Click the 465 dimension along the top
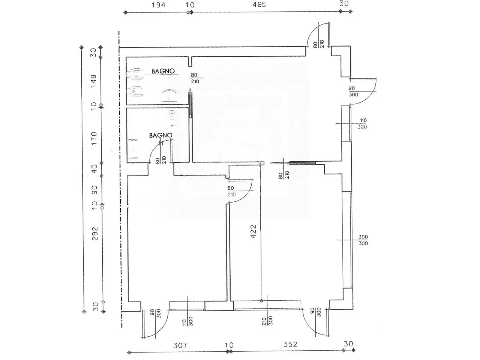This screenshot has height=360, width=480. pyautogui.click(x=259, y=4)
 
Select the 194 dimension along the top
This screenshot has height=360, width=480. pyautogui.click(x=159, y=5)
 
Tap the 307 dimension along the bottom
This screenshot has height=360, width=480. pyautogui.click(x=180, y=345)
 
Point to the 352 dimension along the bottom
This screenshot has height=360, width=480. pyautogui.click(x=290, y=345)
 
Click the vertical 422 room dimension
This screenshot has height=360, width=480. pyautogui.click(x=253, y=231)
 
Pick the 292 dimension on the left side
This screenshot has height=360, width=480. pyautogui.click(x=95, y=234)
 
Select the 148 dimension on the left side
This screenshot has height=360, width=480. pyautogui.click(x=93, y=81)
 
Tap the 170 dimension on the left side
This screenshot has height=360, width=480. pyautogui.click(x=94, y=138)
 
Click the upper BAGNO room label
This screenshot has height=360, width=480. pyautogui.click(x=163, y=71)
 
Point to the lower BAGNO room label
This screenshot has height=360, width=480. pyautogui.click(x=161, y=135)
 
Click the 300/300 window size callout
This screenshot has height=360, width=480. pyautogui.click(x=363, y=240)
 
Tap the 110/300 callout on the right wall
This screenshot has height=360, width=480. pyautogui.click(x=362, y=123)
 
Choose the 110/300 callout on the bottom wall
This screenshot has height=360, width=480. pyautogui.click(x=187, y=321)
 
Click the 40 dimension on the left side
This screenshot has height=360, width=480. pyautogui.click(x=94, y=169)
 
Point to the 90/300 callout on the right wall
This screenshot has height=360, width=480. pyautogui.click(x=353, y=91)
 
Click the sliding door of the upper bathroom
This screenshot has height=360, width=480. pyautogui.click(x=191, y=103)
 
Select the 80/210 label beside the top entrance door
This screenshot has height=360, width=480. pyautogui.click(x=319, y=44)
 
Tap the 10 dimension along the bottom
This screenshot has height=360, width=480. pyautogui.click(x=229, y=345)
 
